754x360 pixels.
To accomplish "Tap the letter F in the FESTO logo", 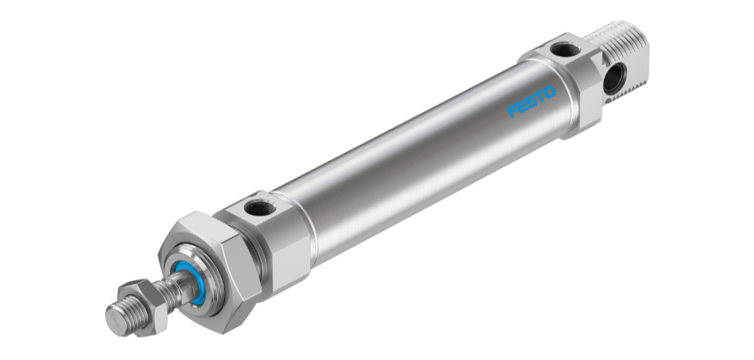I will pos(512,113).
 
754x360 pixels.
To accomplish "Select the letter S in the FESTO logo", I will pos(531,103).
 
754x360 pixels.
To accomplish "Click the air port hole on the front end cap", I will pos(259,210).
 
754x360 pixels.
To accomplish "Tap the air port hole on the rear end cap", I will pos(565,50).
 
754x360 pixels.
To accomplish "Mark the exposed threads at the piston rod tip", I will pos(128,309).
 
